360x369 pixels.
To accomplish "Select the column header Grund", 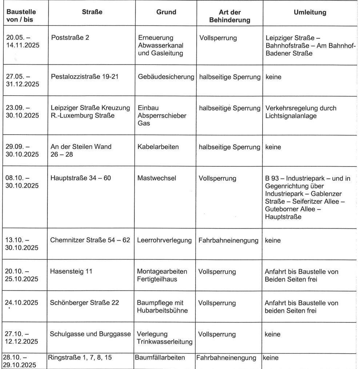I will (166, 12).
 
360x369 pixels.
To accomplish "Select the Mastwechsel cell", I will (154, 178).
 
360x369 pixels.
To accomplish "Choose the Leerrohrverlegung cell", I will (164, 240).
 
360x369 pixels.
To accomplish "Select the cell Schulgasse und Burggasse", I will (91, 334).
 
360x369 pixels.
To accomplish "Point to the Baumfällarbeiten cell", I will (160, 358).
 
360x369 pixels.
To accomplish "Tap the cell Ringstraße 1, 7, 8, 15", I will (80, 358).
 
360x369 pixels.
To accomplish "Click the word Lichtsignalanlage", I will (292, 116).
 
